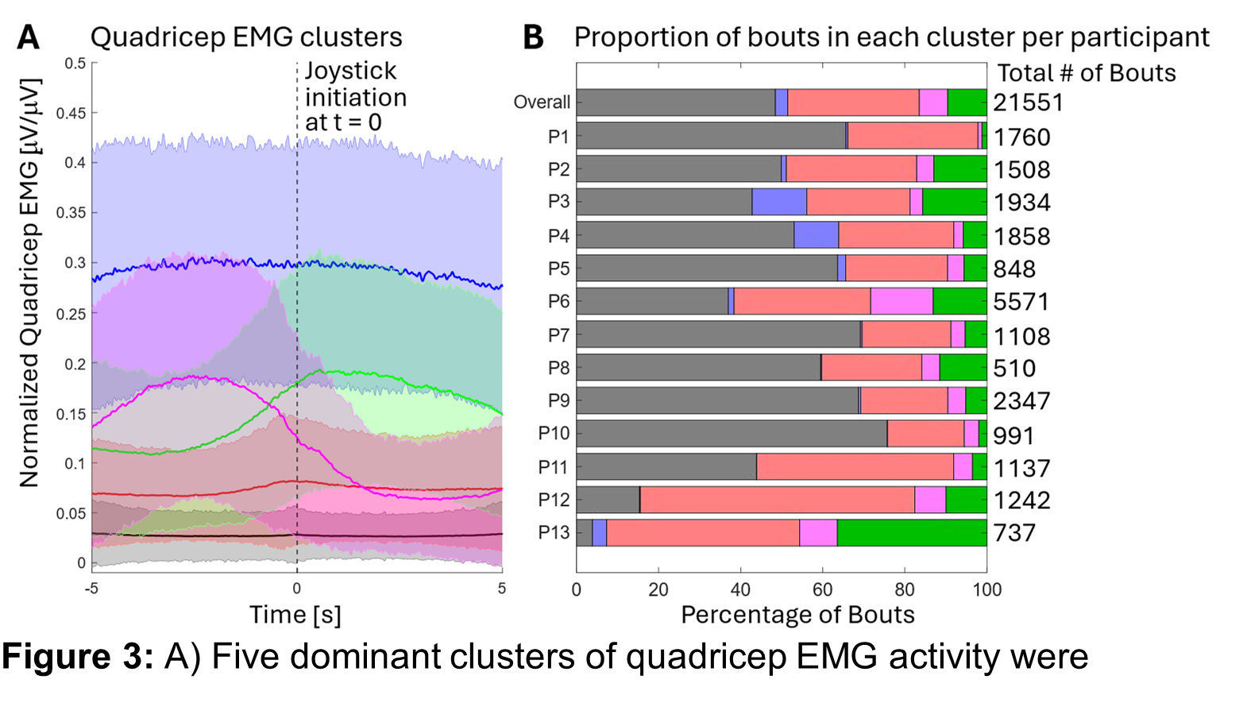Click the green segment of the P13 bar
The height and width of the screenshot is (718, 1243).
click(x=912, y=533)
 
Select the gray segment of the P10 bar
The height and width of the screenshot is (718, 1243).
click(x=732, y=434)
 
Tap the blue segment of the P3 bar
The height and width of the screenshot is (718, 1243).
click(x=779, y=202)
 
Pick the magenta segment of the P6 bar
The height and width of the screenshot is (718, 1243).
click(x=901, y=302)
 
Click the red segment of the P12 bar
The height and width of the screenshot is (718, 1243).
click(x=777, y=500)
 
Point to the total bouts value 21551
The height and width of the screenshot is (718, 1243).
click(x=1028, y=102)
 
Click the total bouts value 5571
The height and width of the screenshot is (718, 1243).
click(x=1021, y=302)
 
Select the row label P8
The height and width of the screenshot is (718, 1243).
click(x=558, y=369)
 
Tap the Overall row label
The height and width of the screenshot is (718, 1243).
click(x=542, y=102)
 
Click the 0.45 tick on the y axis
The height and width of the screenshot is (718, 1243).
click(x=71, y=114)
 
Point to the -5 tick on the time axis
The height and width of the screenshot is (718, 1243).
click(x=92, y=589)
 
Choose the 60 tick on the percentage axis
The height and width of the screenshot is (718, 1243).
click(x=822, y=590)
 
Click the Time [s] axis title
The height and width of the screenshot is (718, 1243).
click(x=295, y=615)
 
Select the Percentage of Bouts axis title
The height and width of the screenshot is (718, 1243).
click(x=797, y=615)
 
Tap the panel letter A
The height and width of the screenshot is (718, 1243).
click(x=29, y=37)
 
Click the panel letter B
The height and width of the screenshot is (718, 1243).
click(x=533, y=37)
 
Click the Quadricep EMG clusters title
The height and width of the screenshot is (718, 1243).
click(x=246, y=37)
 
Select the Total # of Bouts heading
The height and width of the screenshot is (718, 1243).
click(x=1086, y=73)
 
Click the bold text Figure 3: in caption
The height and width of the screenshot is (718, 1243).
click(x=78, y=657)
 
